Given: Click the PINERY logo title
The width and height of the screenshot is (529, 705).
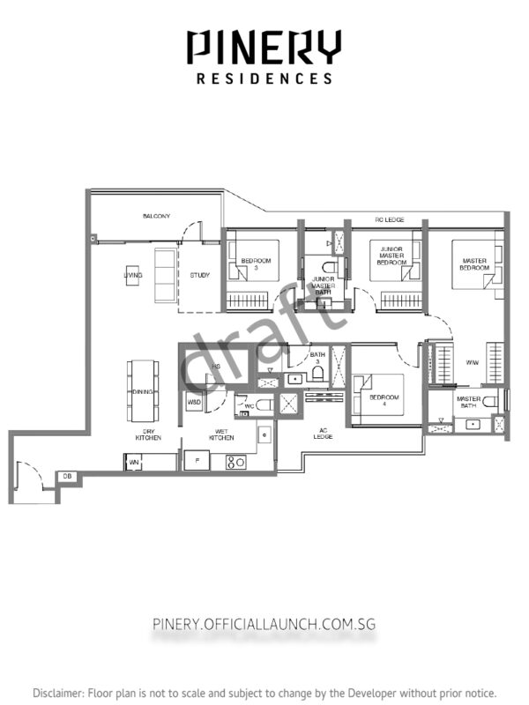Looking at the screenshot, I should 264,47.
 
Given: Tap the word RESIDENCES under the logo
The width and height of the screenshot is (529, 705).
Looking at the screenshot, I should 264,78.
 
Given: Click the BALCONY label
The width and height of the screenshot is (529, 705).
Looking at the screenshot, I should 156,216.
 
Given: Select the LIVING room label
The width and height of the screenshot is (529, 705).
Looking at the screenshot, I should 133,276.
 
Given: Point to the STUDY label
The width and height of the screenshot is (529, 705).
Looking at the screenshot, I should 200,276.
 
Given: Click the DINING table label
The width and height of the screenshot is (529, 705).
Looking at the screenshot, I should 143,391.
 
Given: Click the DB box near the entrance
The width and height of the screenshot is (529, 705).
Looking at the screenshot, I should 67,477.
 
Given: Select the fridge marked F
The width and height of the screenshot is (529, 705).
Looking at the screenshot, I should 196,460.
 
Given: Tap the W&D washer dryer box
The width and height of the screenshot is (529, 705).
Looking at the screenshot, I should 194,402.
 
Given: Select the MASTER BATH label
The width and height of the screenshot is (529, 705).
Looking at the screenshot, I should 467,403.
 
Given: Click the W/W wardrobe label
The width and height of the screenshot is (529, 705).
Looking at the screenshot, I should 472,361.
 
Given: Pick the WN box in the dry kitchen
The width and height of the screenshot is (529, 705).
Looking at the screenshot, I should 134,461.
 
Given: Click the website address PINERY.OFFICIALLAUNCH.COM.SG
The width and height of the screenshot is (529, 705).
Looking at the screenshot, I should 264,624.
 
